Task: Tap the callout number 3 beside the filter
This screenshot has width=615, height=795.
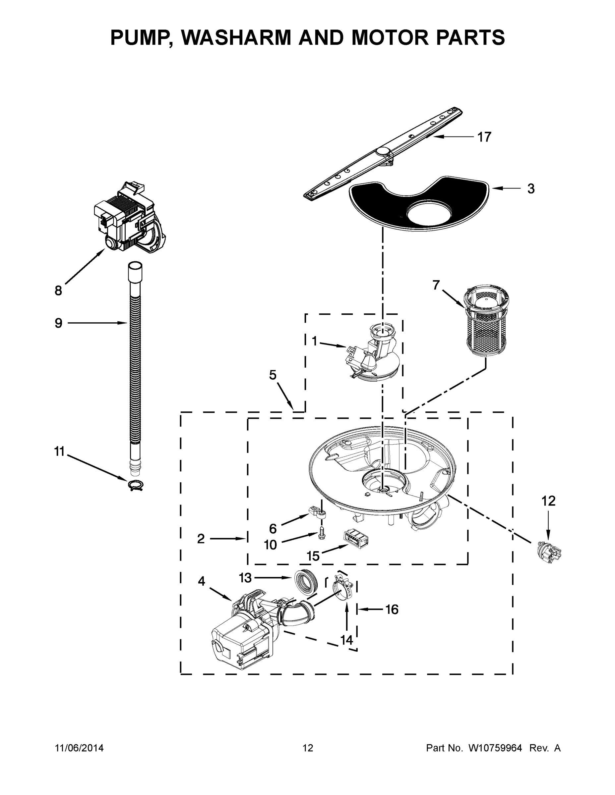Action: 531,189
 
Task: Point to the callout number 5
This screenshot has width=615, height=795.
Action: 273,375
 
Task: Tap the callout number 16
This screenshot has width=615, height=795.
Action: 392,609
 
